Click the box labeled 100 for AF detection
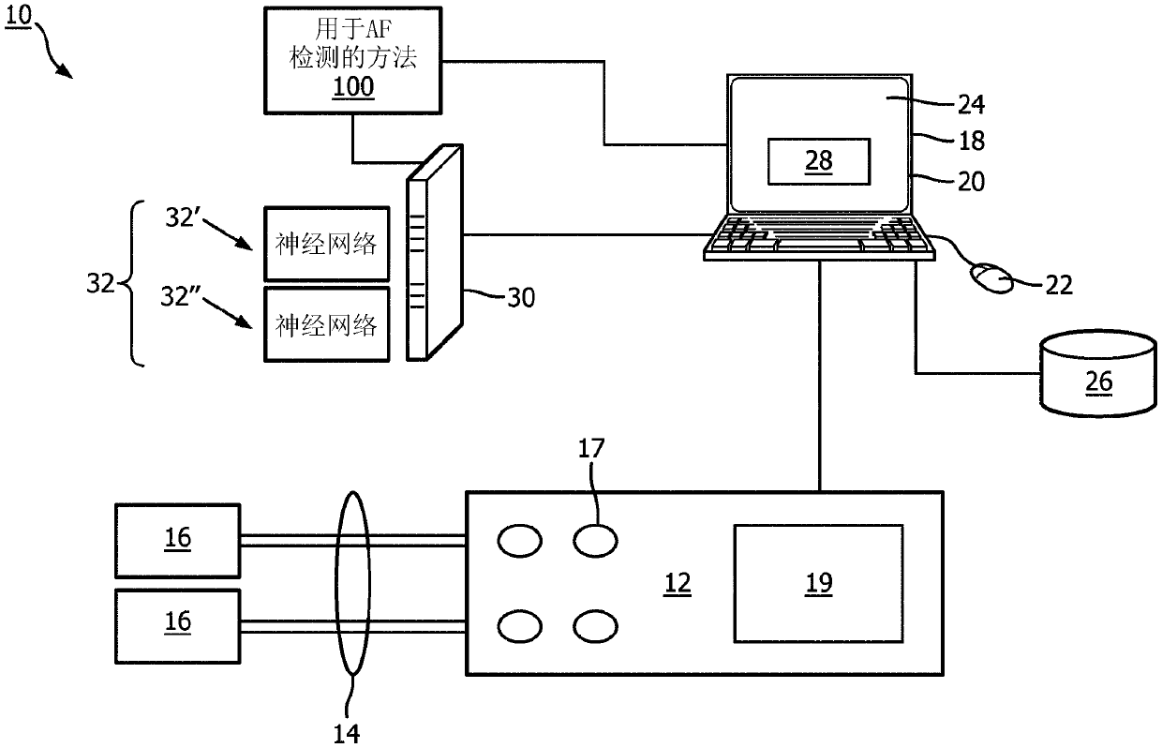[352, 60]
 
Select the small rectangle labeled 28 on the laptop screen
[819, 161]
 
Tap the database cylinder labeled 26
[1098, 373]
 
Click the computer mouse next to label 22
[991, 278]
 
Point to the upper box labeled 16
[177, 541]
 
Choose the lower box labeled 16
[177, 626]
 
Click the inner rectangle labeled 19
[819, 584]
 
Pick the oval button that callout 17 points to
[596, 541]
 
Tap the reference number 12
[677, 584]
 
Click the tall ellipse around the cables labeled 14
[336, 584]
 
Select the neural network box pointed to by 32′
[327, 244]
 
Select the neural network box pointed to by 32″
[327, 324]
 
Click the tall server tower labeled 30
[435, 253]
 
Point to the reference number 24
[971, 105]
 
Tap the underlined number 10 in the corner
[18, 14]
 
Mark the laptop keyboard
[820, 237]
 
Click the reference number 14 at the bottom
[347, 734]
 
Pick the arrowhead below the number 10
[65, 71]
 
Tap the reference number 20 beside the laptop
[971, 182]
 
